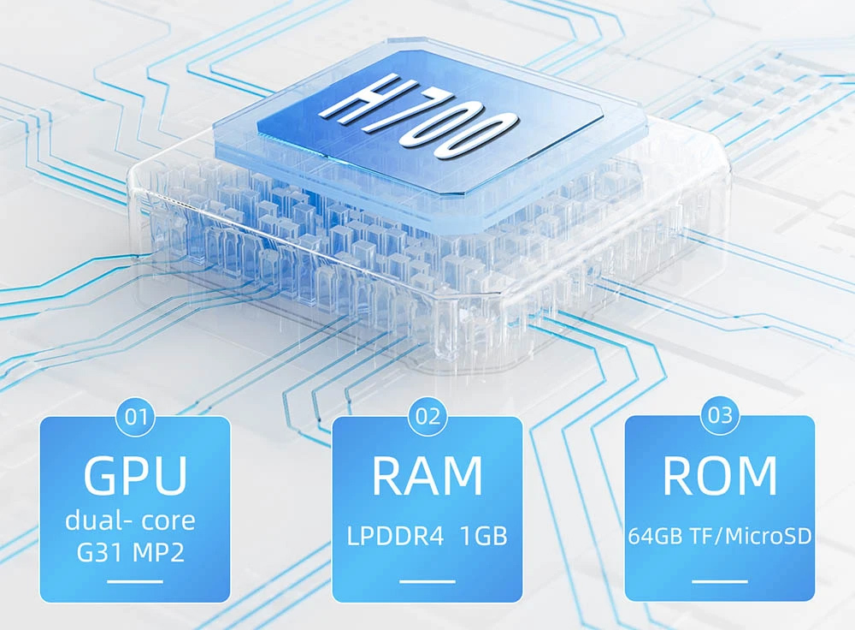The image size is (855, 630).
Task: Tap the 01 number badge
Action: (x=136, y=417)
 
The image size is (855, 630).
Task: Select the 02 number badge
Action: (x=427, y=417)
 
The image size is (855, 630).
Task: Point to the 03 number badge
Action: (x=720, y=416)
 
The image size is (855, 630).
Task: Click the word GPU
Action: (x=135, y=475)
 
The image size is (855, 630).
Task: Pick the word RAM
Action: (x=427, y=475)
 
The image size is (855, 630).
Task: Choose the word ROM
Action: (x=720, y=475)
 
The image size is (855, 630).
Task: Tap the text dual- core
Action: (x=130, y=520)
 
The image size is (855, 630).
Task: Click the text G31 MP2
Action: (x=130, y=552)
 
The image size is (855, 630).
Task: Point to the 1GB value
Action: (x=484, y=536)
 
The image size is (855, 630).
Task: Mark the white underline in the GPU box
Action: (x=135, y=581)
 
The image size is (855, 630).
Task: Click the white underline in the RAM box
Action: (x=427, y=581)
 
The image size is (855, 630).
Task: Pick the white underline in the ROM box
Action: (x=720, y=581)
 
